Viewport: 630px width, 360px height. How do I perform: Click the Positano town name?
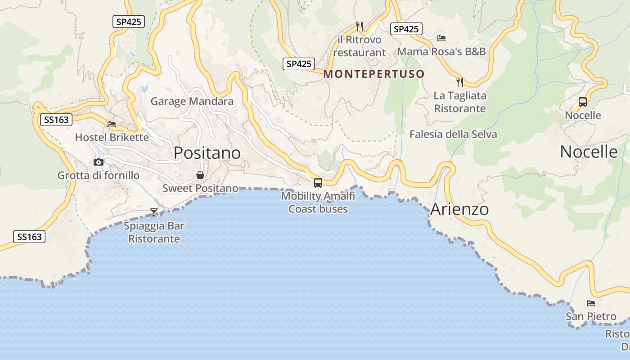point(207,153)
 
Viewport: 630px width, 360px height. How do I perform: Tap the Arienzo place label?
point(459,209)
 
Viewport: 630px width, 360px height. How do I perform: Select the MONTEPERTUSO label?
point(374,74)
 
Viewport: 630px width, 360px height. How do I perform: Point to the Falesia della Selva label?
point(453,134)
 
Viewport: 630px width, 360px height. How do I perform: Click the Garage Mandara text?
point(192,101)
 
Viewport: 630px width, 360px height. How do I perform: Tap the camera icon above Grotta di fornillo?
point(99,162)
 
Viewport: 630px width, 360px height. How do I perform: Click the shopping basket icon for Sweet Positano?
point(200,175)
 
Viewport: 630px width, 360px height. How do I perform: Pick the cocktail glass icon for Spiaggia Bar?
point(154,212)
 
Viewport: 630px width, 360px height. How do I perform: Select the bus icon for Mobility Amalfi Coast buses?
point(318,182)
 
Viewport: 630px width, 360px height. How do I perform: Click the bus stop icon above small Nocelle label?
point(583,102)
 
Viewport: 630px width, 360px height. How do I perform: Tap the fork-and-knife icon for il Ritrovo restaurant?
point(359,26)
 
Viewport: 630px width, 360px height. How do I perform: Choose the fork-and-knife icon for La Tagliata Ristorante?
point(460,82)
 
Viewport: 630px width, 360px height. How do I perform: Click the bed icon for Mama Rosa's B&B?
point(441,38)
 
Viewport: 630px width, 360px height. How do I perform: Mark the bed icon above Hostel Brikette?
point(112,124)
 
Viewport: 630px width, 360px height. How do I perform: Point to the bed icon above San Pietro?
point(591,303)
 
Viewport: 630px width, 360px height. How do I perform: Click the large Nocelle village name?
point(589,152)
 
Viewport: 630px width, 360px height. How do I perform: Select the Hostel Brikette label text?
point(112,137)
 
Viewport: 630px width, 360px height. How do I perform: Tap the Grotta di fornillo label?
point(99,175)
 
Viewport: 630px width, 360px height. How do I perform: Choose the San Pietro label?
point(591,316)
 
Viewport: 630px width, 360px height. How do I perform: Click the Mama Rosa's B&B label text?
point(441,51)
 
